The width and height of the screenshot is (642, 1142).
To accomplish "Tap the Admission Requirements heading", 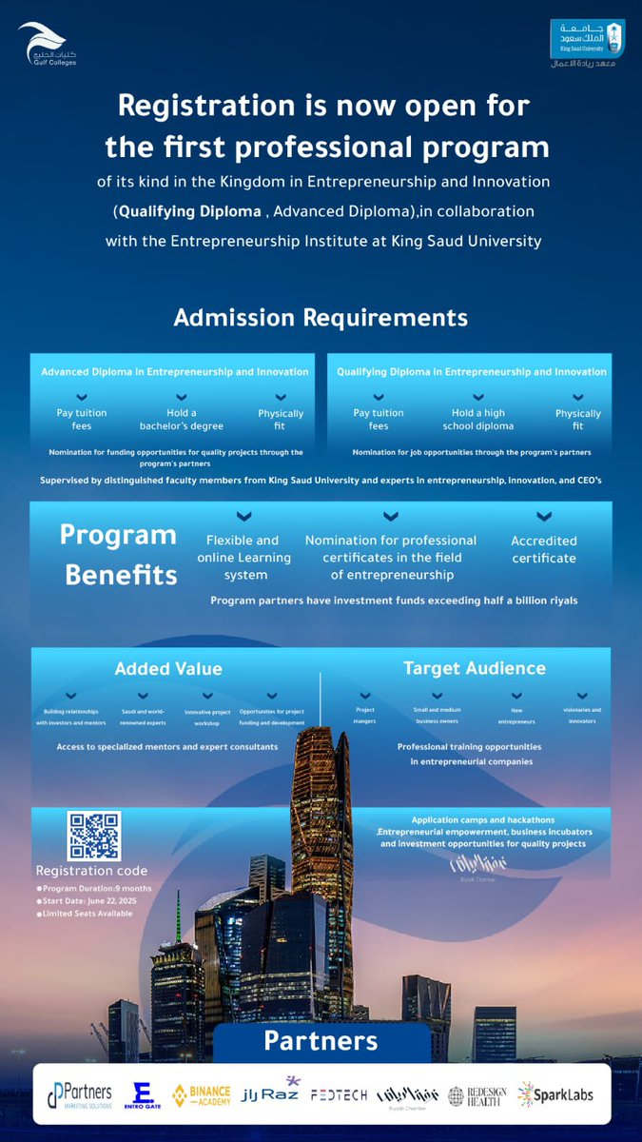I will click(321, 317).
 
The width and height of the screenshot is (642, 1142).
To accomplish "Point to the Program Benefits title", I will click(119, 555).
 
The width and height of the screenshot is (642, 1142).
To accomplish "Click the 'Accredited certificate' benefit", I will click(544, 549).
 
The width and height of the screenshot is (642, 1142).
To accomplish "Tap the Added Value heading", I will click(168, 669).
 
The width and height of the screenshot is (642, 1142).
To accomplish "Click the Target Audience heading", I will click(475, 668).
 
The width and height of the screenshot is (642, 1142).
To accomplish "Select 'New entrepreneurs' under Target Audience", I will click(516, 716).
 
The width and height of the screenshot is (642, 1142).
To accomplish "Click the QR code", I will click(94, 836).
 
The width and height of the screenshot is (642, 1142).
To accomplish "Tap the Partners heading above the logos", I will click(321, 1040).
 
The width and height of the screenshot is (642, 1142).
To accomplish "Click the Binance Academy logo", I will click(202, 1095).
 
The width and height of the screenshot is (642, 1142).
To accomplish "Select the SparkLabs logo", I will click(555, 1094).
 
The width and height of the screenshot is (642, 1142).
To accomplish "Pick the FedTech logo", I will click(338, 1095).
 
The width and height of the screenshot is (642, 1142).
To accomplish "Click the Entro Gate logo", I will click(144, 1095).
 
